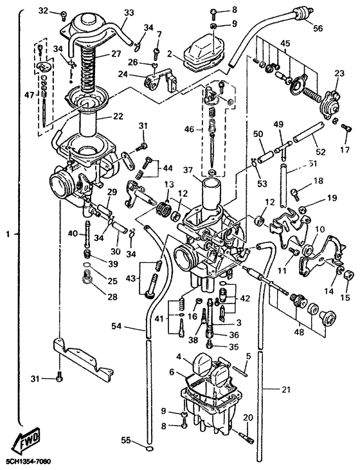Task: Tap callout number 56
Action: pyautogui.click(x=318, y=29)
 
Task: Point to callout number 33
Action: pyautogui.click(x=129, y=12)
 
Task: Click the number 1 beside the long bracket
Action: pyautogui.click(x=7, y=235)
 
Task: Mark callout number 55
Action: pyautogui.click(x=126, y=440)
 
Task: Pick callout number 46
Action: pyautogui.click(x=188, y=129)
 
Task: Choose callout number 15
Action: pyautogui.click(x=345, y=299)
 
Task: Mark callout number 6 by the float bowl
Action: pyautogui.click(x=172, y=372)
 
